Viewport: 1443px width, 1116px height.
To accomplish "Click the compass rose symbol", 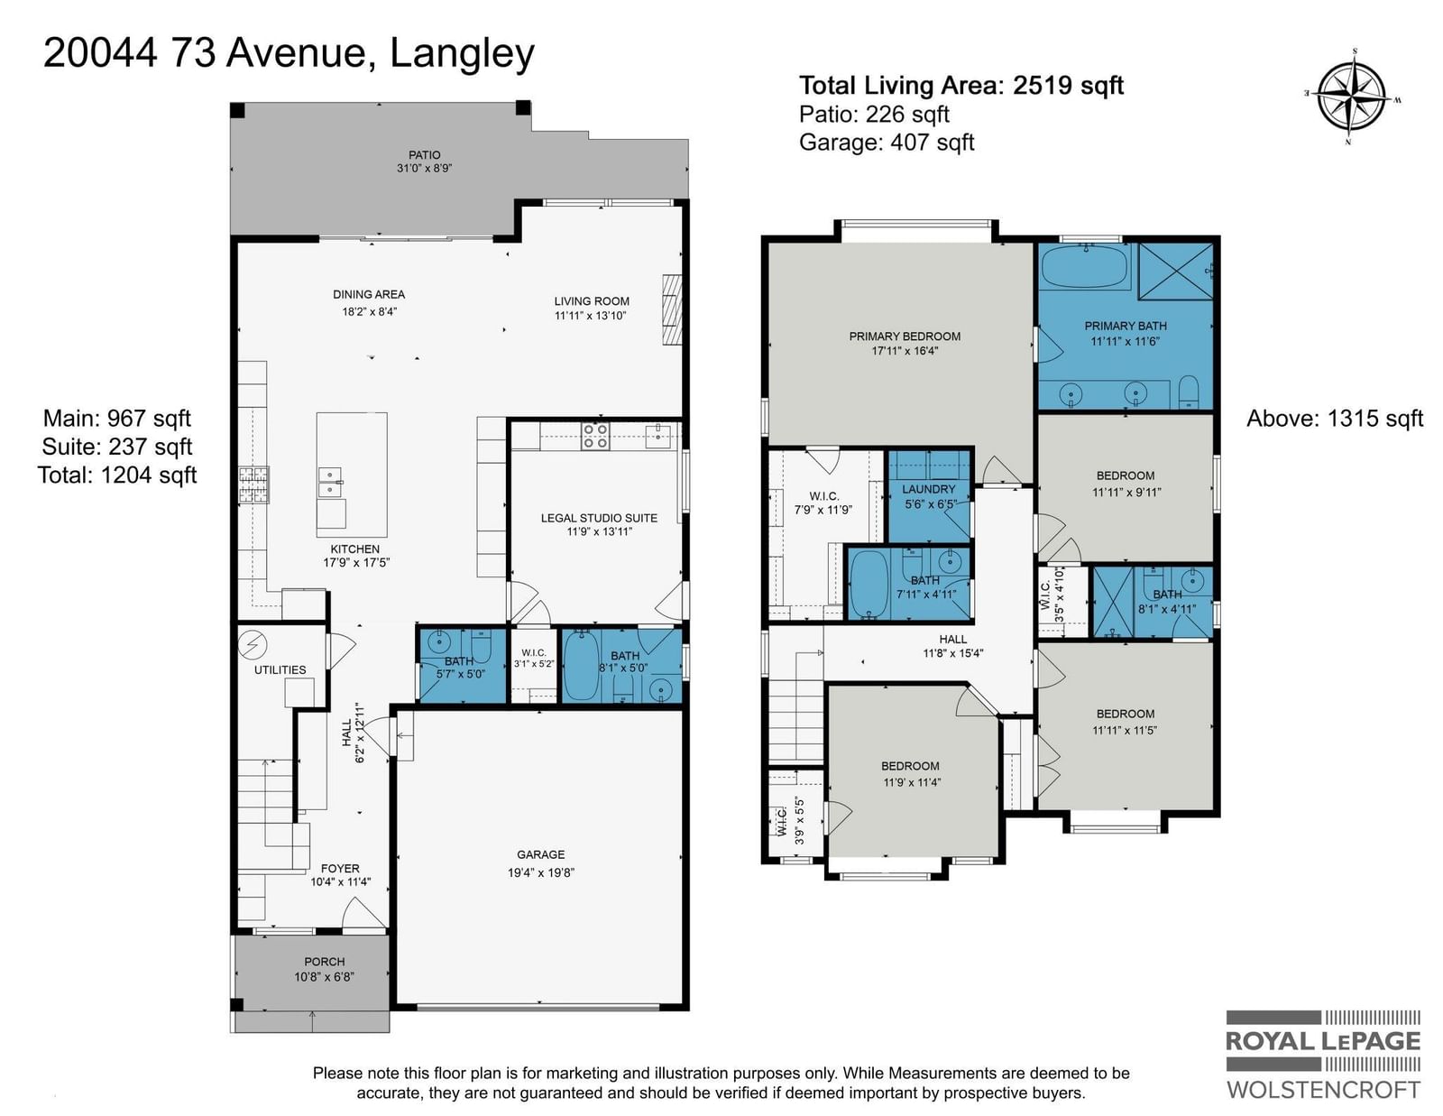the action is (x=1351, y=97).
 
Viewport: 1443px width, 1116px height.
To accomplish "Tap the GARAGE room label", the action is (x=540, y=855).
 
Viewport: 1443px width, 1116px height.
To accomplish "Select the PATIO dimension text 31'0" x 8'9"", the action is (x=425, y=169).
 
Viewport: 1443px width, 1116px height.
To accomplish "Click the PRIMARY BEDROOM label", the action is (x=905, y=337).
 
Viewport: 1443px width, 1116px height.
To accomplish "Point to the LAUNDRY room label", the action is (x=928, y=490).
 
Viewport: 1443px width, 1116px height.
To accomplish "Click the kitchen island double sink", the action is (x=331, y=483).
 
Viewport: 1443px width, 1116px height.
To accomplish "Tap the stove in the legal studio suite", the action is (x=595, y=437).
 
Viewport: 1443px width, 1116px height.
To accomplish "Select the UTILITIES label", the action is (x=280, y=670).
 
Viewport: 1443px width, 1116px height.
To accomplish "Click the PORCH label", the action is (x=324, y=962).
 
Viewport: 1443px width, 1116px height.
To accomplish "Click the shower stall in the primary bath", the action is (x=1175, y=271).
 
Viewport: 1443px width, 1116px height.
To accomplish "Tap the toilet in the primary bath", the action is (x=1188, y=392).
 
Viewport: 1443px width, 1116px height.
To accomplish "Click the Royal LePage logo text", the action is (x=1323, y=1040).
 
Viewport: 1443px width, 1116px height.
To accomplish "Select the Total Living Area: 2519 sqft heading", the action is (x=960, y=86).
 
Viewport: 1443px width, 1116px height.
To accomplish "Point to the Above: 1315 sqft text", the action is (x=1335, y=419).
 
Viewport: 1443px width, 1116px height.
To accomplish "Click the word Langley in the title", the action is (x=462, y=53).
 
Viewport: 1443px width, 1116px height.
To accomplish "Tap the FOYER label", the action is (x=340, y=869).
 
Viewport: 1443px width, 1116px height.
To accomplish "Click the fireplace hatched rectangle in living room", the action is (x=672, y=309).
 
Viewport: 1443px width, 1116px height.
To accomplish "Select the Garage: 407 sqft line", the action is (x=887, y=143).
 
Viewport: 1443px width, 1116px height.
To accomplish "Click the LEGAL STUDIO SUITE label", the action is (x=599, y=518).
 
